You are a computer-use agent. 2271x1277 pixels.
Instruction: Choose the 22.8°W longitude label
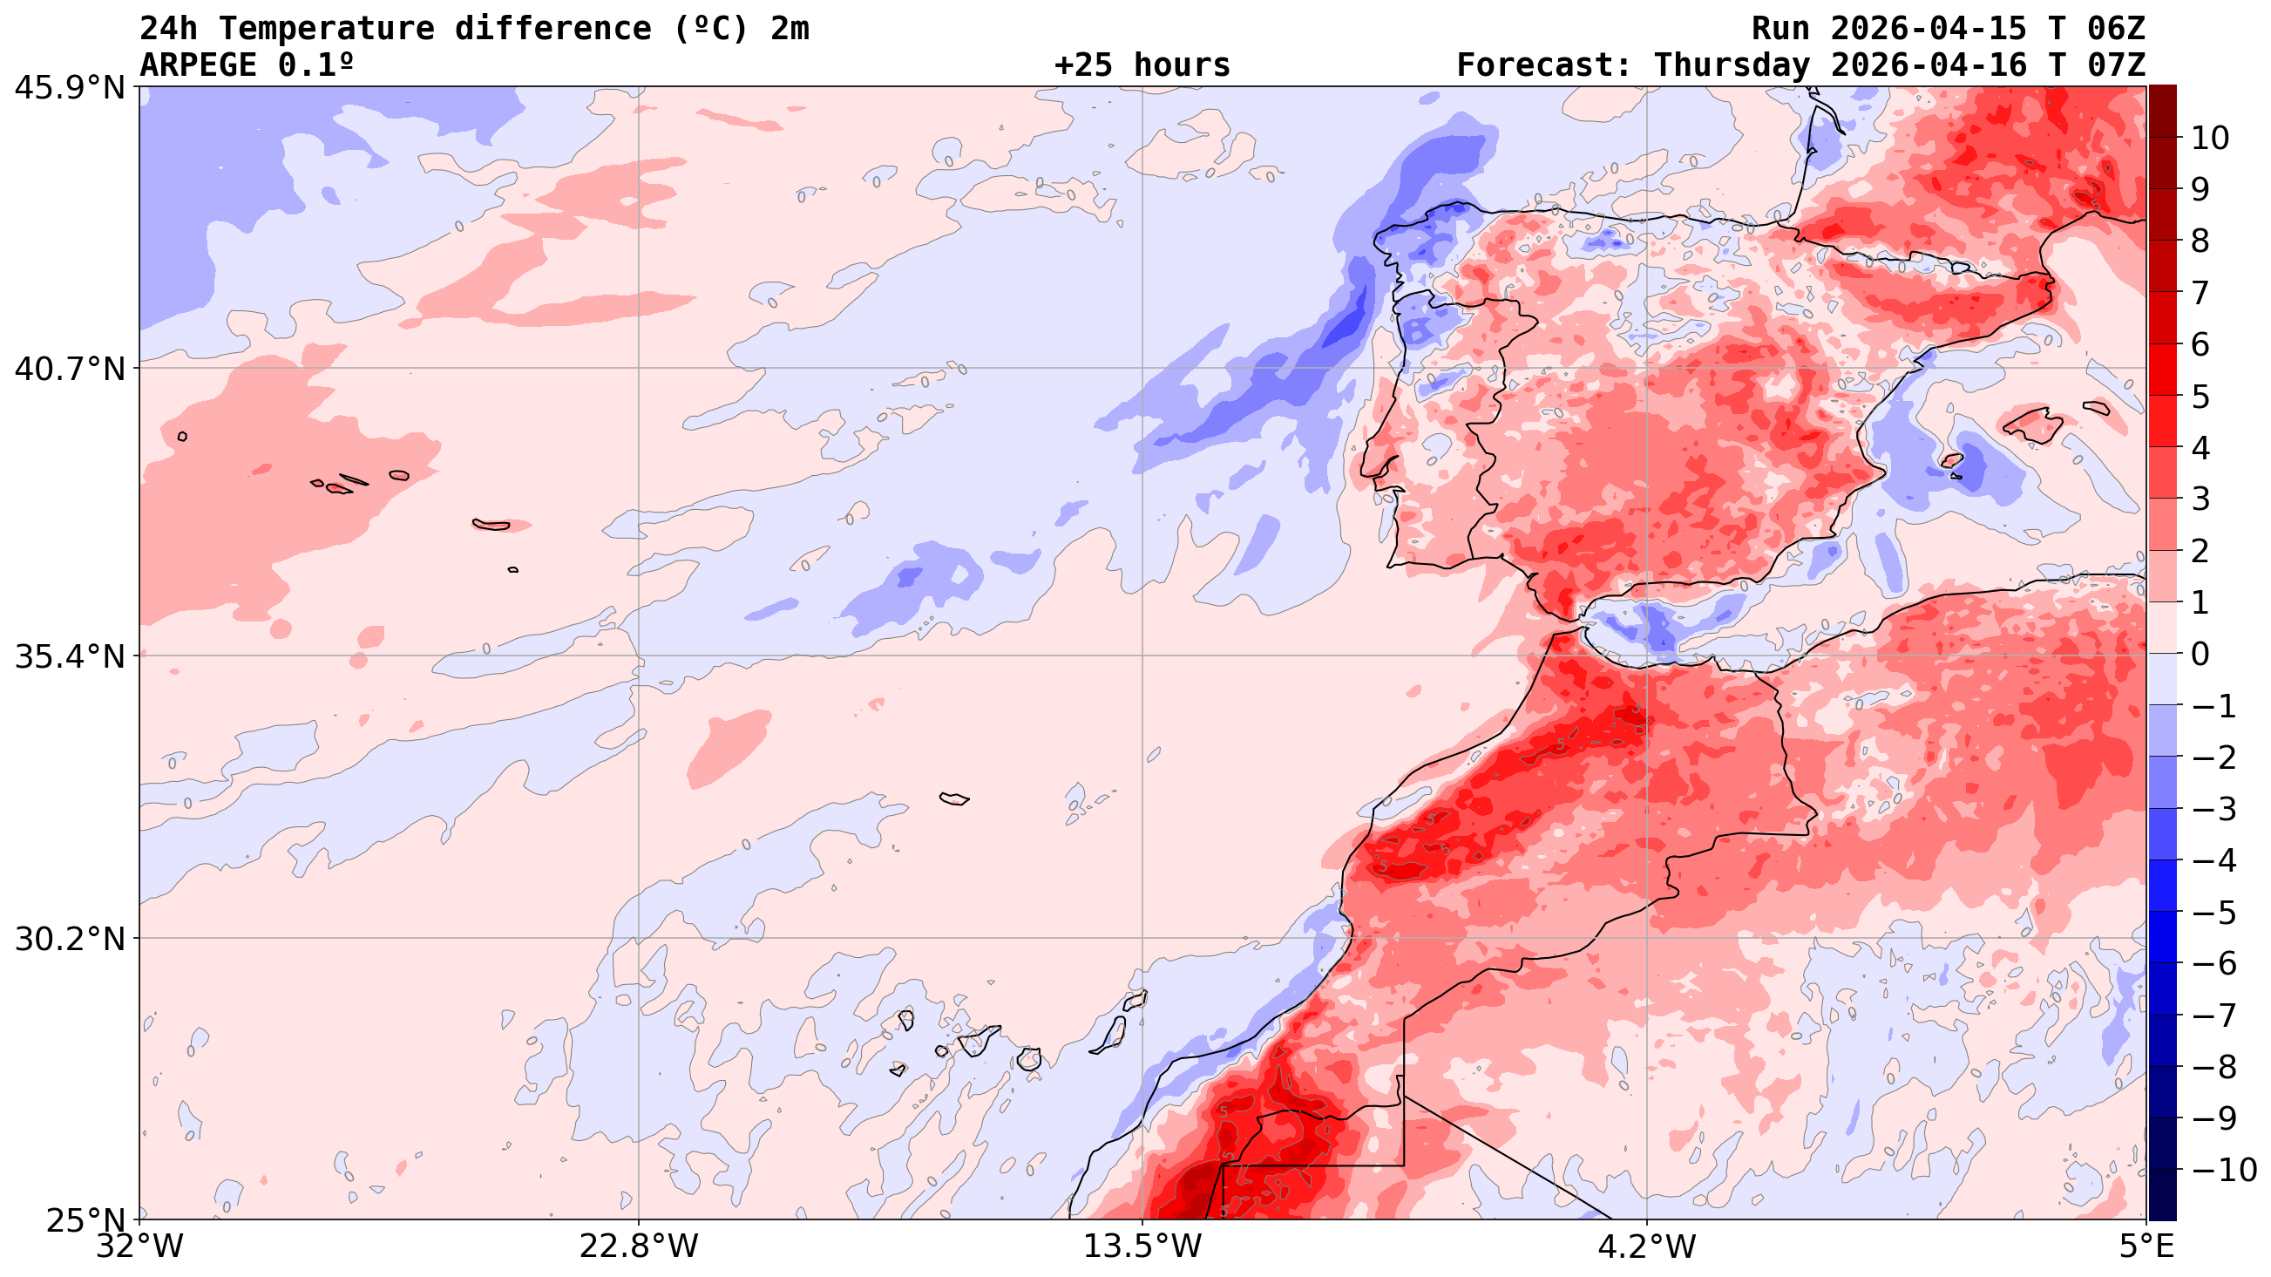coord(638,1246)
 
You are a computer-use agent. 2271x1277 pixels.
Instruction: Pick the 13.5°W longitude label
coord(1142,1246)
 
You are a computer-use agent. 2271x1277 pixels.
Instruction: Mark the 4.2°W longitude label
coord(1647,1246)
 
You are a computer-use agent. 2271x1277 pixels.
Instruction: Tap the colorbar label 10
coord(2209,139)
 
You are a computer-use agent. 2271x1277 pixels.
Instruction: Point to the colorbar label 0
coord(2200,655)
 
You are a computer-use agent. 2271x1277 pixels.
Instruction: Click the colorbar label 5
coord(2200,397)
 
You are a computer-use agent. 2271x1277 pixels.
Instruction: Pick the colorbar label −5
coord(2213,913)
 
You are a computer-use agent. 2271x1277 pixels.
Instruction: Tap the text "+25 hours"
coord(1142,65)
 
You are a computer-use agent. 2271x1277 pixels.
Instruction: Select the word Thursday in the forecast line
coord(1732,65)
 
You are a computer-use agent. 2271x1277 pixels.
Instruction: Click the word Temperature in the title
coord(327,29)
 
